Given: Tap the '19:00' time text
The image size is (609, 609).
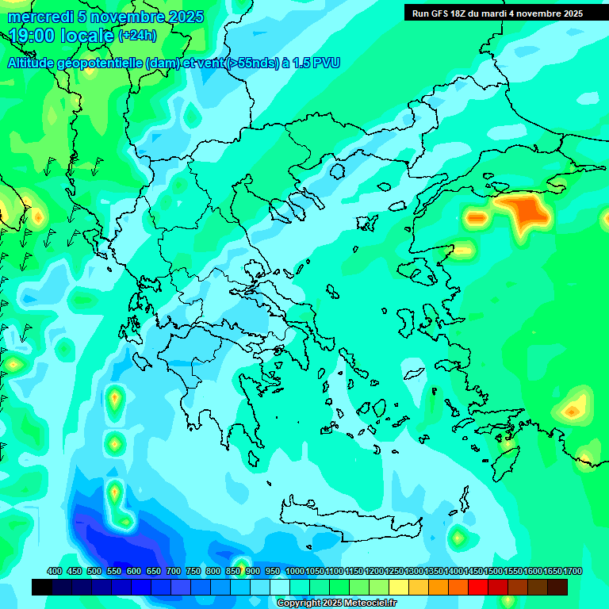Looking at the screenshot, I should point(29,36).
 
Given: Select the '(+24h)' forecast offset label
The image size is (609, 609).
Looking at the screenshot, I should point(137,36).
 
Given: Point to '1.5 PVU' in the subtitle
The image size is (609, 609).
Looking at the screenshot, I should point(316,63).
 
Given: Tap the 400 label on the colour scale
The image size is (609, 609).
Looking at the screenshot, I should point(55,572).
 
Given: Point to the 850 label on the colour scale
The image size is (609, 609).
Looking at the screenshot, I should point(233,572).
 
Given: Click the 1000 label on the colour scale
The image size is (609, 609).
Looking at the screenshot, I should point(295,572).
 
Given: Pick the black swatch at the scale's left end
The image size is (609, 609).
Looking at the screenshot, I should point(42,587).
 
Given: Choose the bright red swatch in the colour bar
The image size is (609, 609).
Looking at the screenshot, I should point(478,587).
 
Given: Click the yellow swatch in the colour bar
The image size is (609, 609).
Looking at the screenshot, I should point(399,587).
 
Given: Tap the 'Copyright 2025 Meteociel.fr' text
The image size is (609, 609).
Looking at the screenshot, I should point(336,603).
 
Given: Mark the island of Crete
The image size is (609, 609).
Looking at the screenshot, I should point(349,519).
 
